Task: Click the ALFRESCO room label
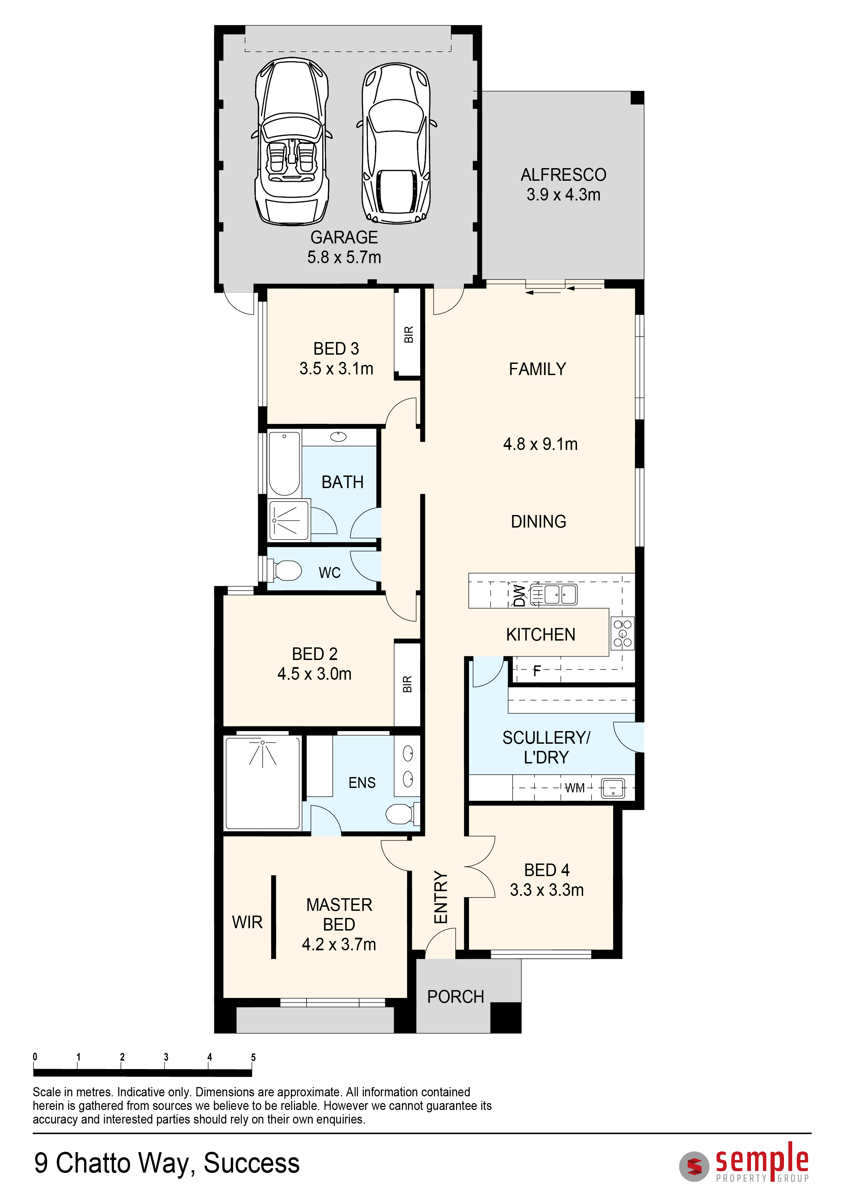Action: pyautogui.click(x=564, y=175)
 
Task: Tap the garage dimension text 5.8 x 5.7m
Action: pyautogui.click(x=344, y=257)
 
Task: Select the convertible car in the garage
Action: pyautogui.click(x=292, y=142)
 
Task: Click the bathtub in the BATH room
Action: pyautogui.click(x=284, y=463)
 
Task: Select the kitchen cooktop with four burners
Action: pyautogui.click(x=622, y=633)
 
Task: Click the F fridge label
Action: pyautogui.click(x=537, y=671)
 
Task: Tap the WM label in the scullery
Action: pyautogui.click(x=575, y=788)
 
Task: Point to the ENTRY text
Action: pyautogui.click(x=441, y=897)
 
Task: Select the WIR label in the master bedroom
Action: pyautogui.click(x=247, y=922)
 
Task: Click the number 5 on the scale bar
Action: pyautogui.click(x=253, y=1057)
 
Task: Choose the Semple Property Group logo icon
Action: pyautogui.click(x=694, y=1166)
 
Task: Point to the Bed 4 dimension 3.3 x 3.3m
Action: pyautogui.click(x=547, y=890)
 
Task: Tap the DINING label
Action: pyautogui.click(x=538, y=521)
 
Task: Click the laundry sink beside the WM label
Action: pyautogui.click(x=613, y=788)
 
